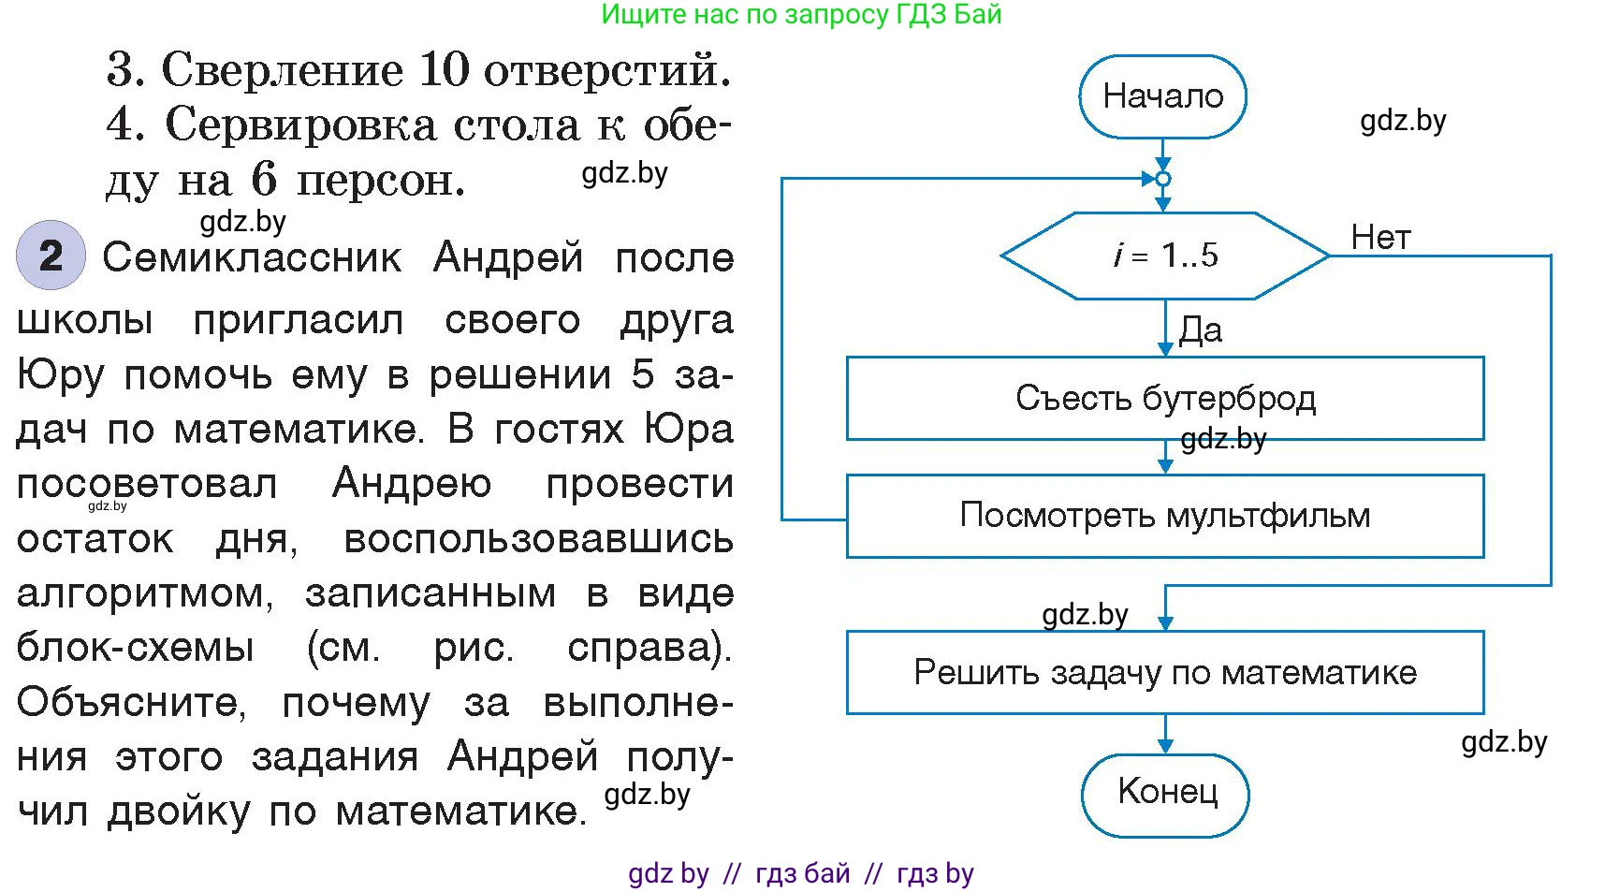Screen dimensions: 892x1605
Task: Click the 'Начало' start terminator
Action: coord(1162,96)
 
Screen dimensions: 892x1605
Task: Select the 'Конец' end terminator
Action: coord(1166,794)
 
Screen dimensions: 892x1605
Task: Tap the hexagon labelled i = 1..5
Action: coord(1165,256)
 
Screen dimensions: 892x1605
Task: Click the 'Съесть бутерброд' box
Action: coord(1165,399)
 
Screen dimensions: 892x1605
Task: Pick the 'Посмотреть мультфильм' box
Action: coord(1165,516)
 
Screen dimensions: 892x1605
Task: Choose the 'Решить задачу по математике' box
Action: coord(1165,672)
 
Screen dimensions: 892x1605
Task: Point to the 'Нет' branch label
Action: coord(1379,238)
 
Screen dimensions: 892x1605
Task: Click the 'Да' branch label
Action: coord(1201,330)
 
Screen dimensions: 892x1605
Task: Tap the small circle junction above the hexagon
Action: coord(1163,179)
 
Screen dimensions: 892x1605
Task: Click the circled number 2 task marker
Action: coord(51,256)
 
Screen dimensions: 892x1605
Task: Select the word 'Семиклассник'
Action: coord(252,257)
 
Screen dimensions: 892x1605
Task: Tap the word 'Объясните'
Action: coord(131,702)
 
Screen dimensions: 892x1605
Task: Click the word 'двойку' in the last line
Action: coord(179,812)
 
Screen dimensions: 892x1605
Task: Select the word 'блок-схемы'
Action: coord(136,648)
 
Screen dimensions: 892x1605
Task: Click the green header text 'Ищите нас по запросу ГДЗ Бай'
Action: coord(801,14)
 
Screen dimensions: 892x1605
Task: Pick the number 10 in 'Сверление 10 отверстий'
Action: coord(444,70)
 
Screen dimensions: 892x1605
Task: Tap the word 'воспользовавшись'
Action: coord(538,540)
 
